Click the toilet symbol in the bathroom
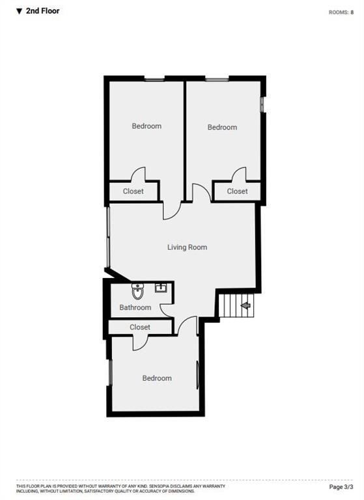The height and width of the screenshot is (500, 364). (x=137, y=290)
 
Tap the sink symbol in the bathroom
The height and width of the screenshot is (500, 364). (x=161, y=287)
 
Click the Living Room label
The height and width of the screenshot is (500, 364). (x=187, y=247)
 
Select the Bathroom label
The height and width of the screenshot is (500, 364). (x=135, y=307)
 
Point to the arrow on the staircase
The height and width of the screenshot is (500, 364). (x=245, y=304)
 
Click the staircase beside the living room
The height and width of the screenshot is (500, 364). (x=235, y=305)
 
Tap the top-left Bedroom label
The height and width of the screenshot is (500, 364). (x=147, y=126)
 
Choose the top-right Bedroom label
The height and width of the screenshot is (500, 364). (x=222, y=128)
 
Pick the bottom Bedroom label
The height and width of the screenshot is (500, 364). (x=157, y=378)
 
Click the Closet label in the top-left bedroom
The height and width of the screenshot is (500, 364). (x=133, y=191)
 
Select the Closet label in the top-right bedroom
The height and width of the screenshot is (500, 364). (x=237, y=191)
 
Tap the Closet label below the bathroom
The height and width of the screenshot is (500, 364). (x=140, y=327)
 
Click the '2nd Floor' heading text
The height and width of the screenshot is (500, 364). (x=42, y=11)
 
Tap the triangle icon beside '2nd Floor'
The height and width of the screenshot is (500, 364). (x=19, y=11)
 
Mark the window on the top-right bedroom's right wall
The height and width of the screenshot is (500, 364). (x=262, y=104)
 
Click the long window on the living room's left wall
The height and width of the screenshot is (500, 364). (x=107, y=237)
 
